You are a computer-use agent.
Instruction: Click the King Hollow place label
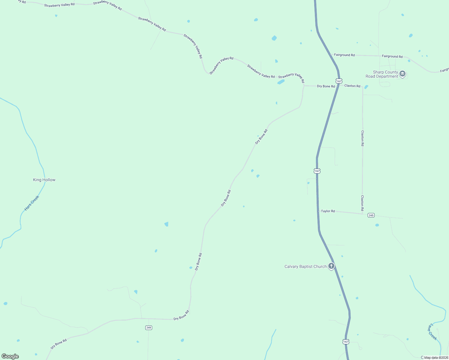(44, 180)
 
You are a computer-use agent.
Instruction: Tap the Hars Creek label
(32, 203)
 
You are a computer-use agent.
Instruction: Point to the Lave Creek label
(432, 331)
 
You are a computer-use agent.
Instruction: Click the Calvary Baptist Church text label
(305, 266)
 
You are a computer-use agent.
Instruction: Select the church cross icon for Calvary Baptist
(331, 266)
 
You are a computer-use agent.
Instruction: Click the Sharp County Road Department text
(382, 74)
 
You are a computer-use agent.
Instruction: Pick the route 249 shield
(149, 328)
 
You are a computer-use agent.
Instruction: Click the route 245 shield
(371, 215)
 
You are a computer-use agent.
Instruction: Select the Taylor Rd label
(328, 211)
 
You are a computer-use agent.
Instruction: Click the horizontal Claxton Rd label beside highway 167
(352, 86)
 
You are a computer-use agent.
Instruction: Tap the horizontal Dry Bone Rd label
(326, 86)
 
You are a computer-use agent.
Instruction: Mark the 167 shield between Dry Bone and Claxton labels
(339, 81)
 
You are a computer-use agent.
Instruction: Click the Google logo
(10, 356)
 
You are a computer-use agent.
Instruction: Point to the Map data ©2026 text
(436, 358)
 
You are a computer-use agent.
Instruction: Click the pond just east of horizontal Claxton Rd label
(366, 87)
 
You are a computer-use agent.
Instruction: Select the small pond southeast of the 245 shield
(377, 225)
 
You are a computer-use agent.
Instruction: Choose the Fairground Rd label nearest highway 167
(344, 55)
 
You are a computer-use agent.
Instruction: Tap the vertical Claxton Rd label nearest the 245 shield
(362, 203)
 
